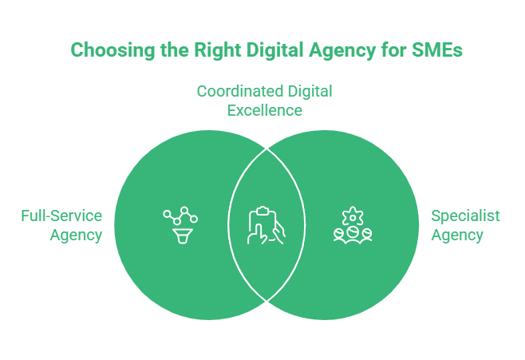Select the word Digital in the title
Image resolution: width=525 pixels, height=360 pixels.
[x=268, y=50]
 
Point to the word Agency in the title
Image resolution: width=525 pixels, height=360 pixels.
[x=338, y=50]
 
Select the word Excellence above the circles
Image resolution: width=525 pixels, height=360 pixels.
[x=265, y=110]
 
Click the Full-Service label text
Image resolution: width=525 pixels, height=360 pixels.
[x=62, y=216]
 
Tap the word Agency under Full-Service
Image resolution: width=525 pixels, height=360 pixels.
[x=76, y=235]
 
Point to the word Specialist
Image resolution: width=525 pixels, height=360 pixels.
[x=465, y=216]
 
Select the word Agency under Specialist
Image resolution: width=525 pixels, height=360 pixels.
[x=457, y=235]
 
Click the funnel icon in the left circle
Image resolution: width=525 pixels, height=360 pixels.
[x=180, y=233]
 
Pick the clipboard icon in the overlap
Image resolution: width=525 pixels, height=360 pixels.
[x=261, y=216]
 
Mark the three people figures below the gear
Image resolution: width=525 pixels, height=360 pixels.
[x=351, y=234]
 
